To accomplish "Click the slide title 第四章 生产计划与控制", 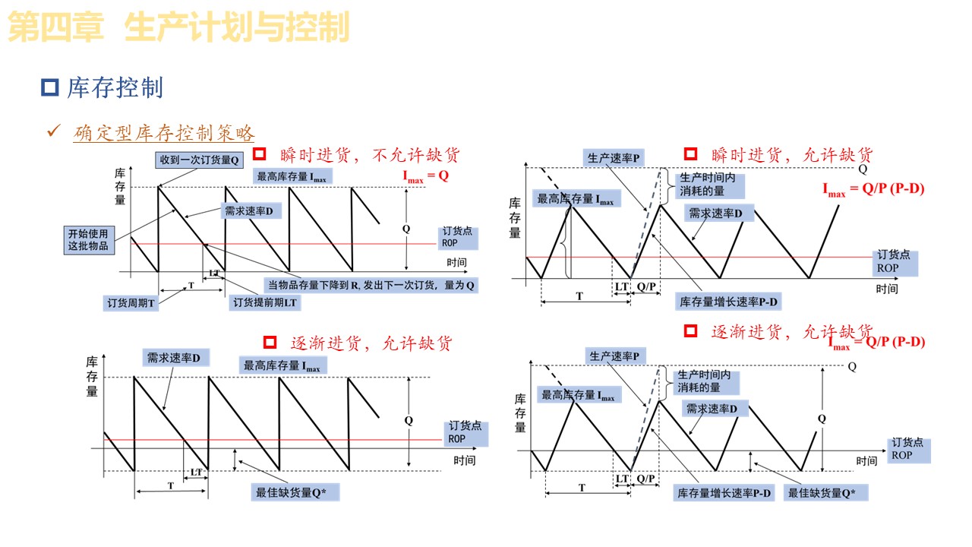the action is point(178,28).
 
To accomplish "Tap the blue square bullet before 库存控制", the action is point(50,88).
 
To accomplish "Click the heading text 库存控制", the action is point(115,88).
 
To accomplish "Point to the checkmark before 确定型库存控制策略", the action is point(54,131).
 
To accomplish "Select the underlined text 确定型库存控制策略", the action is point(164,134).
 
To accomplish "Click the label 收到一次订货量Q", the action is point(200,160).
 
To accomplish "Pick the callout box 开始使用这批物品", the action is point(88,240).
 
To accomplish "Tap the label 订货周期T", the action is point(131,303).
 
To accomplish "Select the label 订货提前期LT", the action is point(265,302).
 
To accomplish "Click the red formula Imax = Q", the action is point(425,175).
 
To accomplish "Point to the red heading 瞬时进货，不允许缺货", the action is point(370,155).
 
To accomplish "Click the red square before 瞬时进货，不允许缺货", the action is point(260,154).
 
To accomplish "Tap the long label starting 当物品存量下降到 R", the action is point(371,286).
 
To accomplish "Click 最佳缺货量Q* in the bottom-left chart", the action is point(295,492).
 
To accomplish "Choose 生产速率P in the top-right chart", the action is point(614,158).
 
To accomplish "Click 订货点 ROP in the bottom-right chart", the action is point(907,449).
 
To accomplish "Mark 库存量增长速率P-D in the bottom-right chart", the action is point(724,493).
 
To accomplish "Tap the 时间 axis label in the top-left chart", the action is point(457,262).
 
